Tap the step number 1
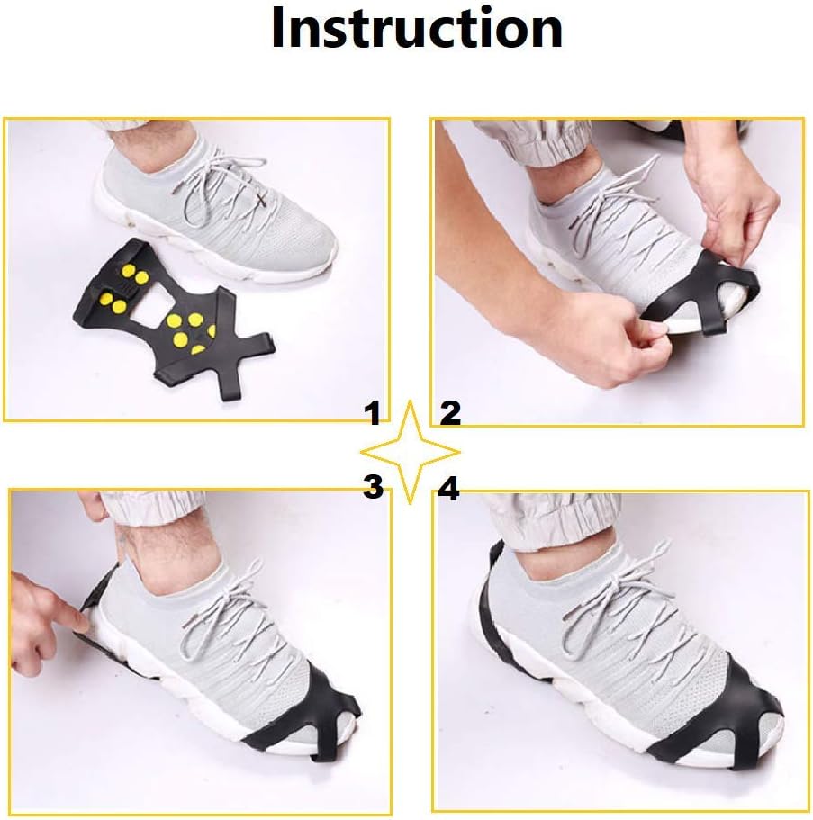click(373, 413)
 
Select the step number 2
click(450, 413)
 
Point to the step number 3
click(373, 486)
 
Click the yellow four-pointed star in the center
click(411, 452)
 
